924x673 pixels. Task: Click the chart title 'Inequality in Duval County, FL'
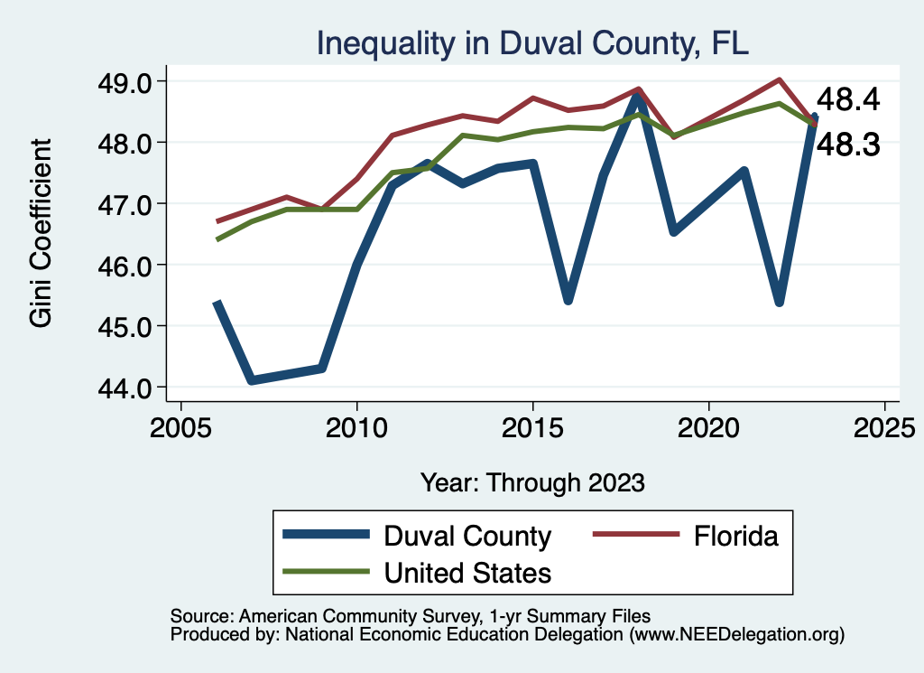pyautogui.click(x=531, y=42)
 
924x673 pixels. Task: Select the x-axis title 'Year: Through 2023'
pyautogui.click(x=532, y=481)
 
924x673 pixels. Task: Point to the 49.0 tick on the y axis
pyautogui.click(x=130, y=81)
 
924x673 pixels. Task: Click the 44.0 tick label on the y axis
pyautogui.click(x=130, y=388)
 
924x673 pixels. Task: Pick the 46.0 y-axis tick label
pyautogui.click(x=130, y=266)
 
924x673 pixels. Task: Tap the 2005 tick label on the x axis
pyautogui.click(x=180, y=425)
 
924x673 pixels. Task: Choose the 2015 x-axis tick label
pyautogui.click(x=532, y=425)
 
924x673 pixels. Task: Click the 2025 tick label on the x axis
pyautogui.click(x=884, y=425)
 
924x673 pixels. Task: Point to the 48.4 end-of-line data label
pyautogui.click(x=847, y=100)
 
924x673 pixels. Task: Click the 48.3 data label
pyautogui.click(x=847, y=145)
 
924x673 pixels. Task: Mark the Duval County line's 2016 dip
pyautogui.click(x=568, y=299)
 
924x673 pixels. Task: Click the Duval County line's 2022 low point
pyautogui.click(x=779, y=302)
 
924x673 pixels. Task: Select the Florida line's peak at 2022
pyautogui.click(x=779, y=79)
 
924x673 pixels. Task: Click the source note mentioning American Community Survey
pyautogui.click(x=410, y=616)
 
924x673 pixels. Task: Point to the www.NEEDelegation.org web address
pyautogui.click(x=737, y=635)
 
